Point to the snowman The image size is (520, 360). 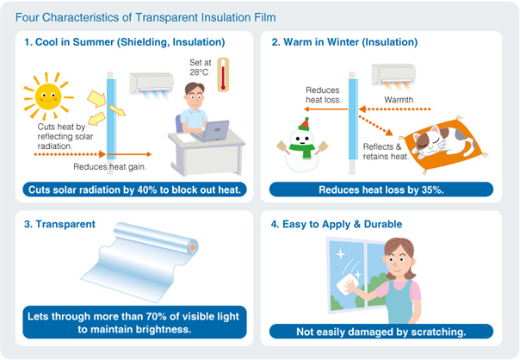click(300, 146)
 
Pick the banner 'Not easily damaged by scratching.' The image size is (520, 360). click(381, 331)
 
